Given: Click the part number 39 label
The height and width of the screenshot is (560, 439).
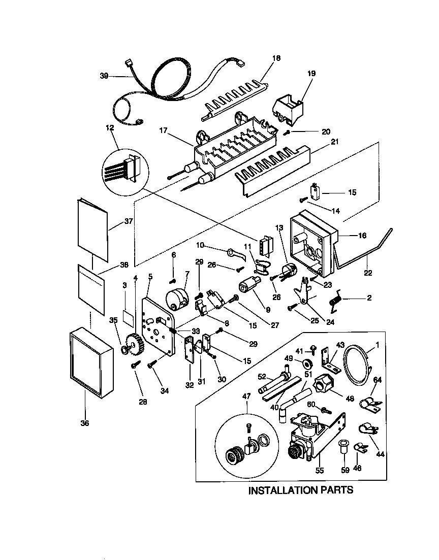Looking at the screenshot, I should pos(104,76).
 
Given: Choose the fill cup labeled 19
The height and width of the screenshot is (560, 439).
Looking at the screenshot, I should pos(287,110).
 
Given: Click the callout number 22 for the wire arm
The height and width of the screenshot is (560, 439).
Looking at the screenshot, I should pos(368,274).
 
